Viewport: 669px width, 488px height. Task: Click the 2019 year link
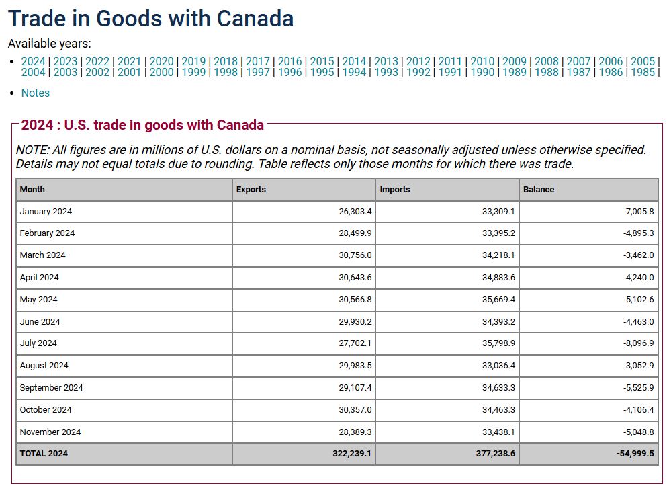coord(193,62)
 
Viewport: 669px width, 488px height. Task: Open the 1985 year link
coord(643,73)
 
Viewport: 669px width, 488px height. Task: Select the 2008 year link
coord(546,62)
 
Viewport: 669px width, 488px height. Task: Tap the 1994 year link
coord(354,73)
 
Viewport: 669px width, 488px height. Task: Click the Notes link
coord(36,93)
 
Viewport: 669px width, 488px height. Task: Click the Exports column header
coord(251,190)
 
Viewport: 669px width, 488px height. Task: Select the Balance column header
coord(539,190)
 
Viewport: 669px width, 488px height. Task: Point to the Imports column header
coord(395,190)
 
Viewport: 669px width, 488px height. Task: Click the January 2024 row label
coord(46,212)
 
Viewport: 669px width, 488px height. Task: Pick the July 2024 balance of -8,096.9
coord(637,343)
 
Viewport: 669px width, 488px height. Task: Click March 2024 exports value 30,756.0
coord(355,255)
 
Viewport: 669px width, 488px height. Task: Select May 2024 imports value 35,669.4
coord(498,300)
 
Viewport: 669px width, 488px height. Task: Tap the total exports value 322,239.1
coord(352,454)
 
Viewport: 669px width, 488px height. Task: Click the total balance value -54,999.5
coord(635,454)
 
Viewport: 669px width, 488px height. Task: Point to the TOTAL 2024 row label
coord(44,454)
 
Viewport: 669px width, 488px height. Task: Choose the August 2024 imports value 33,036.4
coord(498,366)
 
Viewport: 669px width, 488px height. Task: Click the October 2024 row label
coord(46,410)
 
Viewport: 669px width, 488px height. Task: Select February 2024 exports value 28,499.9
coord(355,233)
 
